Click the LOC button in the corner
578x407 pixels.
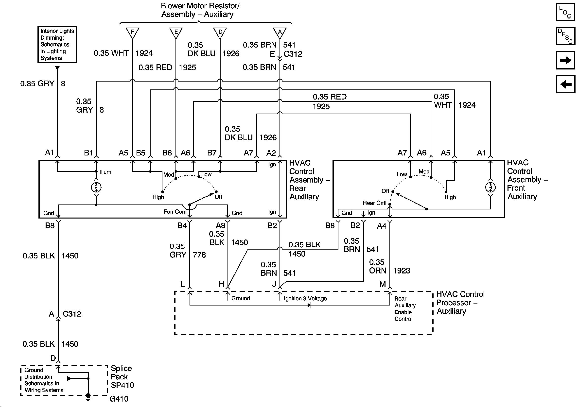pyautogui.click(x=565, y=12)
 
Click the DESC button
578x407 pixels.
pyautogui.click(x=565, y=36)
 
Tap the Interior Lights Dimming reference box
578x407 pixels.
pyautogui.click(x=57, y=45)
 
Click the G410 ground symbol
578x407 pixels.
pyautogui.click(x=88, y=397)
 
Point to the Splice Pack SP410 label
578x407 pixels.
pyautogui.click(x=122, y=377)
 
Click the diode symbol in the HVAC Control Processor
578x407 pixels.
pyautogui.click(x=309, y=305)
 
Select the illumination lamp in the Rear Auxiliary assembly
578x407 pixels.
pyautogui.click(x=96, y=187)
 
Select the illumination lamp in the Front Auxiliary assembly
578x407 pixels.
pyautogui.click(x=490, y=187)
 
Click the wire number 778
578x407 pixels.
pyautogui.click(x=199, y=255)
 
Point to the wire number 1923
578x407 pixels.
pyautogui.click(x=402, y=271)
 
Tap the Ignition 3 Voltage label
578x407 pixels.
pyautogui.click(x=305, y=299)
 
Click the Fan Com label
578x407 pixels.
pyautogui.click(x=175, y=212)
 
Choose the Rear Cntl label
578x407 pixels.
pyautogui.click(x=374, y=203)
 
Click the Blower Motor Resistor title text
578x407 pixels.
pyautogui.click(x=200, y=10)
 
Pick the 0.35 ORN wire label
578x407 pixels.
pyautogui.click(x=377, y=267)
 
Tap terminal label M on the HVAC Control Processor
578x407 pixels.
pyautogui.click(x=383, y=284)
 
